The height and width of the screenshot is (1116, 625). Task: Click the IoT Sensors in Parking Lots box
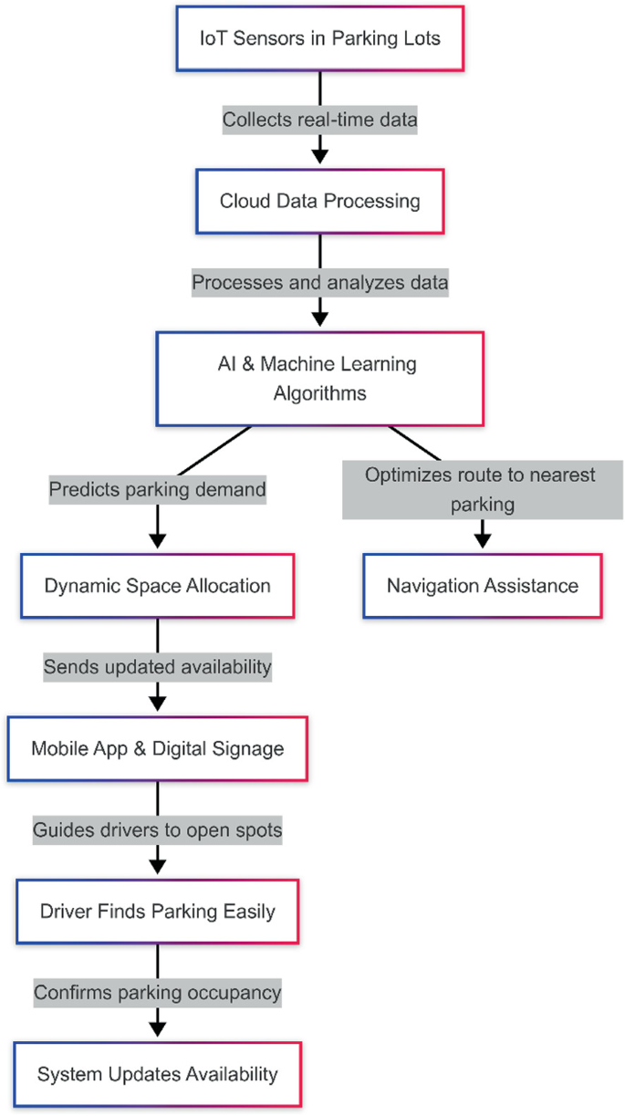(320, 39)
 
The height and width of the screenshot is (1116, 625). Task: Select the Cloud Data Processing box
(320, 201)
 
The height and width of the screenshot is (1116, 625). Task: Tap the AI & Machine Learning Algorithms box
(320, 378)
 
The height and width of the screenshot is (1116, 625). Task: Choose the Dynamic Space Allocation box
(158, 585)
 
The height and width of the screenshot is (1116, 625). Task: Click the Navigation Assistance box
(482, 585)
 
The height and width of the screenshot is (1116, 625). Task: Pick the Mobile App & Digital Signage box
(158, 748)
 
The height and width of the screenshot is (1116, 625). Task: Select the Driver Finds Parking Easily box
(158, 911)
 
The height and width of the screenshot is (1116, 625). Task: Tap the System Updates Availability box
(158, 1074)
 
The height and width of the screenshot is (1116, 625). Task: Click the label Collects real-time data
(320, 120)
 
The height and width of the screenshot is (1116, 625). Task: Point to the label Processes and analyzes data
(320, 283)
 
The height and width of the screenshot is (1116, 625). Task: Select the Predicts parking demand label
(158, 490)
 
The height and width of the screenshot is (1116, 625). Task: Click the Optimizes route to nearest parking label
(482, 490)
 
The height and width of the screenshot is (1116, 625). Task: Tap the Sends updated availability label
(158, 667)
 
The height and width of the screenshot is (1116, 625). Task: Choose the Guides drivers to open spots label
(158, 830)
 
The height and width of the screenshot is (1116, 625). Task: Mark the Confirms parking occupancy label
(158, 992)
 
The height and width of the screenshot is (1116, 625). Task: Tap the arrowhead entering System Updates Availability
(158, 1028)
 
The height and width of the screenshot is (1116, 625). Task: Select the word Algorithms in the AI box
(320, 393)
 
